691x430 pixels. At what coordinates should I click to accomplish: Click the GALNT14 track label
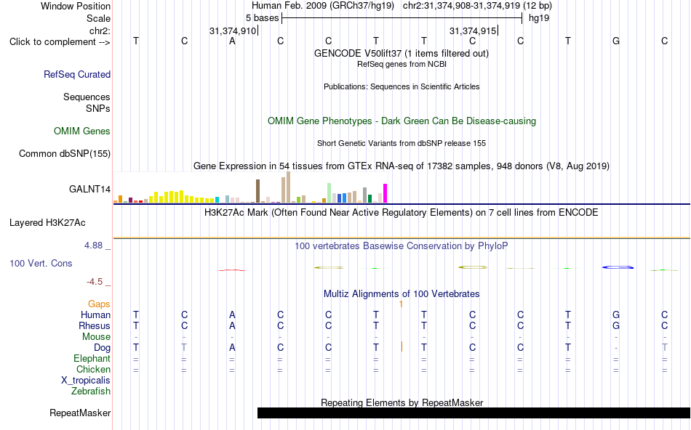pos(89,190)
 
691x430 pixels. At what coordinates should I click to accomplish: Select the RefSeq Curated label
pos(77,74)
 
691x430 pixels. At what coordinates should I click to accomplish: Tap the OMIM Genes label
pos(82,131)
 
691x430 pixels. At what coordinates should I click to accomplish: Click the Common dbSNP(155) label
pos(65,153)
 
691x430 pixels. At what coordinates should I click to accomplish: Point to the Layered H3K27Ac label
pos(47,223)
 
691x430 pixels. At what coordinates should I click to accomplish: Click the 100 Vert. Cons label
pos(41,263)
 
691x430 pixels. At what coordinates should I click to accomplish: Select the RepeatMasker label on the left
pos(80,413)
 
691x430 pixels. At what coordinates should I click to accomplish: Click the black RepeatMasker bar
pos(474,413)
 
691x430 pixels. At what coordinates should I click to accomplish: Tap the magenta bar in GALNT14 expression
pos(386,193)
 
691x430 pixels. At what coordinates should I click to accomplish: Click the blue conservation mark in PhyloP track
pos(618,267)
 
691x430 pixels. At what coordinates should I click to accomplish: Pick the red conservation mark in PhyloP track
pos(232,269)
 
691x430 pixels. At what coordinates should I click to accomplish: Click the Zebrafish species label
pos(91,392)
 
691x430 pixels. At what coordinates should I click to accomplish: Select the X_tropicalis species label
pos(86,381)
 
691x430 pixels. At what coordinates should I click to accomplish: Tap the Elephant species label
pos(92,359)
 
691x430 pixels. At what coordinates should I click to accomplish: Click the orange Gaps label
pos(99,304)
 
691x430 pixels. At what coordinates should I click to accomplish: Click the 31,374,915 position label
pos(473,31)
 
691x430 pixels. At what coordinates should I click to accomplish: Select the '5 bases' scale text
pos(262,18)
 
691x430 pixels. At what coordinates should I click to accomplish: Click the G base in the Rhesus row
pos(616,325)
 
